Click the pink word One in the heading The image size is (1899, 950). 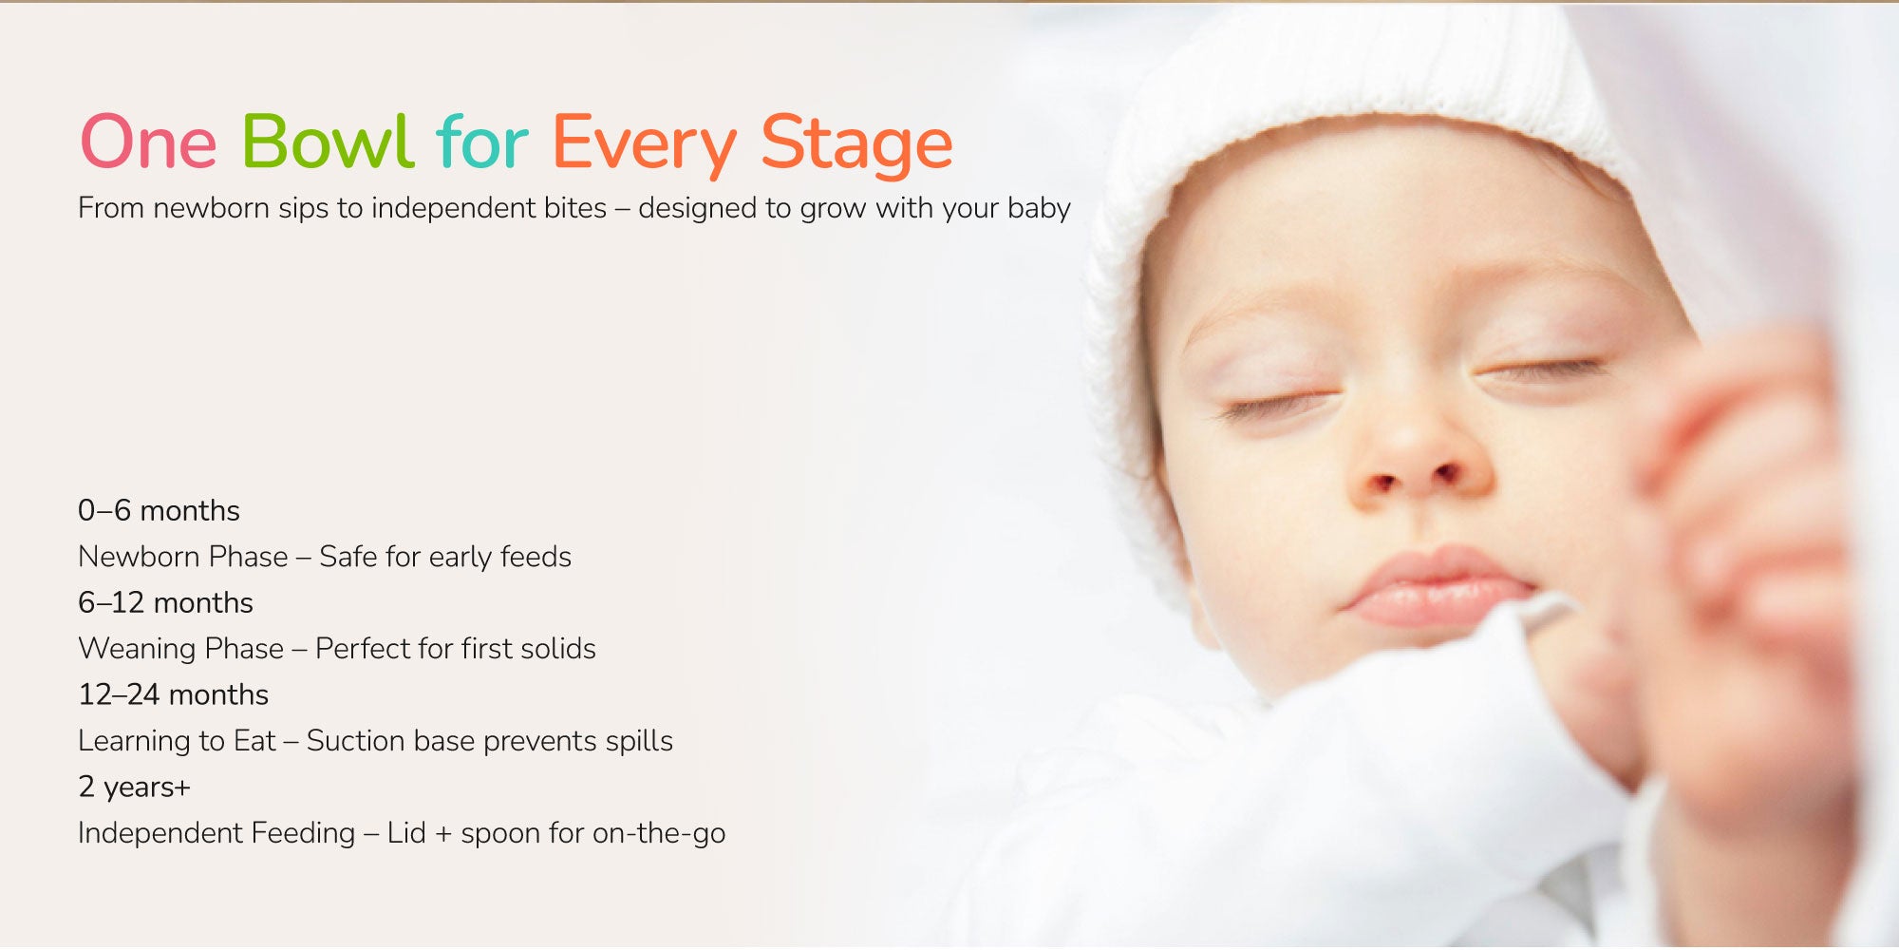coord(149,142)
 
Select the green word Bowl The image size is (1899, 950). coord(328,141)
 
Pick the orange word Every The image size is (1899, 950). coord(644,145)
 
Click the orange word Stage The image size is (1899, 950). coord(856,145)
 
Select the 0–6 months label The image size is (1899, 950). coord(159,510)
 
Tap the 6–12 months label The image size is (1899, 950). coord(165,602)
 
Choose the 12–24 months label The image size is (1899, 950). coord(173,694)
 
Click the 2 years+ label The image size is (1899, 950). coord(134,788)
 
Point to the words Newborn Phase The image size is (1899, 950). coord(182,557)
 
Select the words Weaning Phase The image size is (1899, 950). coord(180,650)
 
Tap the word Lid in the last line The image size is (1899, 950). coord(406,833)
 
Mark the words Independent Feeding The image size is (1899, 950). coord(216,834)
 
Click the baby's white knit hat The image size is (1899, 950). coord(1348,85)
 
